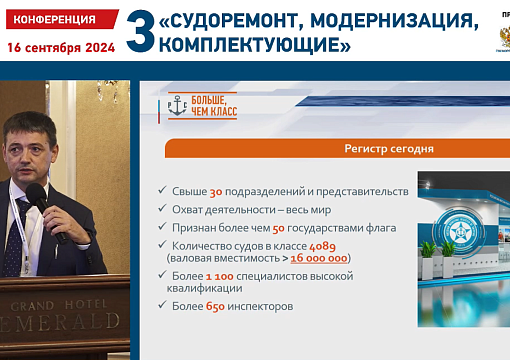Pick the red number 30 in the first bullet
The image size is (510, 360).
(x=216, y=191)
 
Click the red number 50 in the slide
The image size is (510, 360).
(x=279, y=227)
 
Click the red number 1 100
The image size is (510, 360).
(x=225, y=276)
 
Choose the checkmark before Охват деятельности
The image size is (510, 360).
(x=162, y=209)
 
